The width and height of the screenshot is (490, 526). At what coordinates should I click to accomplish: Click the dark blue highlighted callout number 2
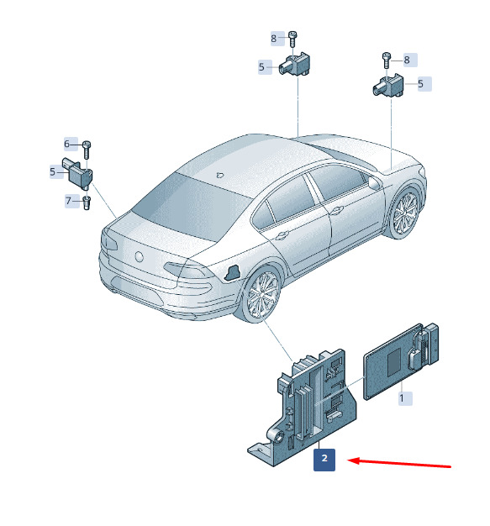tap(324, 460)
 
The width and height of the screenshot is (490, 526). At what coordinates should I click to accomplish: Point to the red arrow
tap(399, 463)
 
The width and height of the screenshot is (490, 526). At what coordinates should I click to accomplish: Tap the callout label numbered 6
tap(71, 144)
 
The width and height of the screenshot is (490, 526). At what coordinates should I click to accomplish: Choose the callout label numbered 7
tap(71, 201)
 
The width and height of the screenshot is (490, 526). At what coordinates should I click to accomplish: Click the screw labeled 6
tap(87, 150)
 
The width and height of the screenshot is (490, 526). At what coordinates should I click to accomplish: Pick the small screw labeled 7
tap(87, 203)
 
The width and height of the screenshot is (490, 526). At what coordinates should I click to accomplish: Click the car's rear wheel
tap(262, 295)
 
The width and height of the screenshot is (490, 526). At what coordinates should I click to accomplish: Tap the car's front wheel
tap(405, 212)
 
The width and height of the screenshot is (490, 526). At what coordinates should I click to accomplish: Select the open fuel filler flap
tap(232, 272)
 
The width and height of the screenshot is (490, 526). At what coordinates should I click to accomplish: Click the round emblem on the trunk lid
tap(139, 256)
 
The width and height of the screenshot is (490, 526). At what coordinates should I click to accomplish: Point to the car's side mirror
tap(374, 182)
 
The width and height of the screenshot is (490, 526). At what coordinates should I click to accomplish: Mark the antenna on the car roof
tap(220, 175)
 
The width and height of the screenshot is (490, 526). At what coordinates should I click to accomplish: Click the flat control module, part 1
tap(401, 361)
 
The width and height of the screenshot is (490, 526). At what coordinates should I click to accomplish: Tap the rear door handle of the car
tap(282, 234)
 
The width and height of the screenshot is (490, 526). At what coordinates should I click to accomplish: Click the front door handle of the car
tap(336, 210)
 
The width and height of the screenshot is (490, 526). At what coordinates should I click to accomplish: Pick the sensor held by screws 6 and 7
tap(78, 173)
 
